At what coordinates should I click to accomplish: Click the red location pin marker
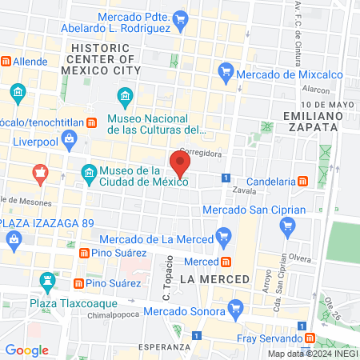click(x=180, y=163)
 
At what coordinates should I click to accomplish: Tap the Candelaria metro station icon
click(x=302, y=181)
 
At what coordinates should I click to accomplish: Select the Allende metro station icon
click(x=6, y=61)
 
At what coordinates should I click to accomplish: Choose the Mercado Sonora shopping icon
click(x=235, y=307)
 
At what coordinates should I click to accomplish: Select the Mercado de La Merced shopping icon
click(x=223, y=237)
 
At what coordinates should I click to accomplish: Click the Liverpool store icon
click(x=70, y=141)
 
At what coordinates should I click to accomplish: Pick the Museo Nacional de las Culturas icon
click(x=125, y=98)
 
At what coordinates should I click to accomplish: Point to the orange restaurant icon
click(x=39, y=173)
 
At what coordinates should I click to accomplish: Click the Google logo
click(x=26, y=350)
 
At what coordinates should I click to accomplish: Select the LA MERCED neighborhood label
click(x=206, y=279)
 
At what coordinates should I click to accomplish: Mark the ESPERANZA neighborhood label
click(x=163, y=346)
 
